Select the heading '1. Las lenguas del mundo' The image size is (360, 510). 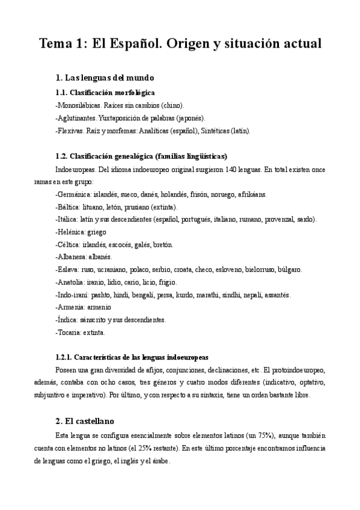(105, 78)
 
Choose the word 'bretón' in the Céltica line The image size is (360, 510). (161, 245)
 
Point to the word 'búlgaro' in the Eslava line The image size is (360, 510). (288, 270)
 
